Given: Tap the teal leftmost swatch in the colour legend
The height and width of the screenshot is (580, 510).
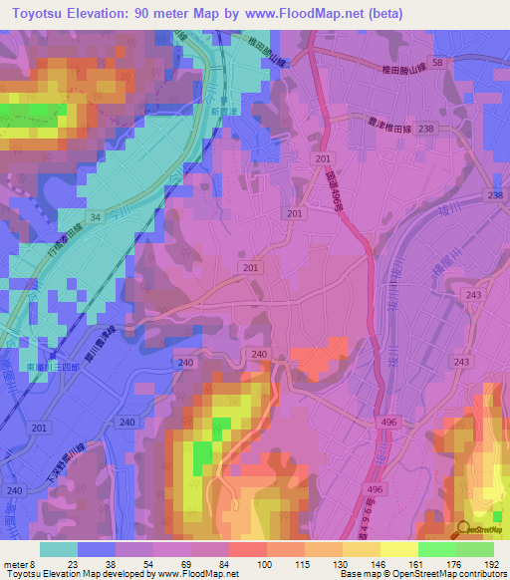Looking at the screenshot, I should [58, 549].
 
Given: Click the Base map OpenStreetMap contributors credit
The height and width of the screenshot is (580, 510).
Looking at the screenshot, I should [422, 574].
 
